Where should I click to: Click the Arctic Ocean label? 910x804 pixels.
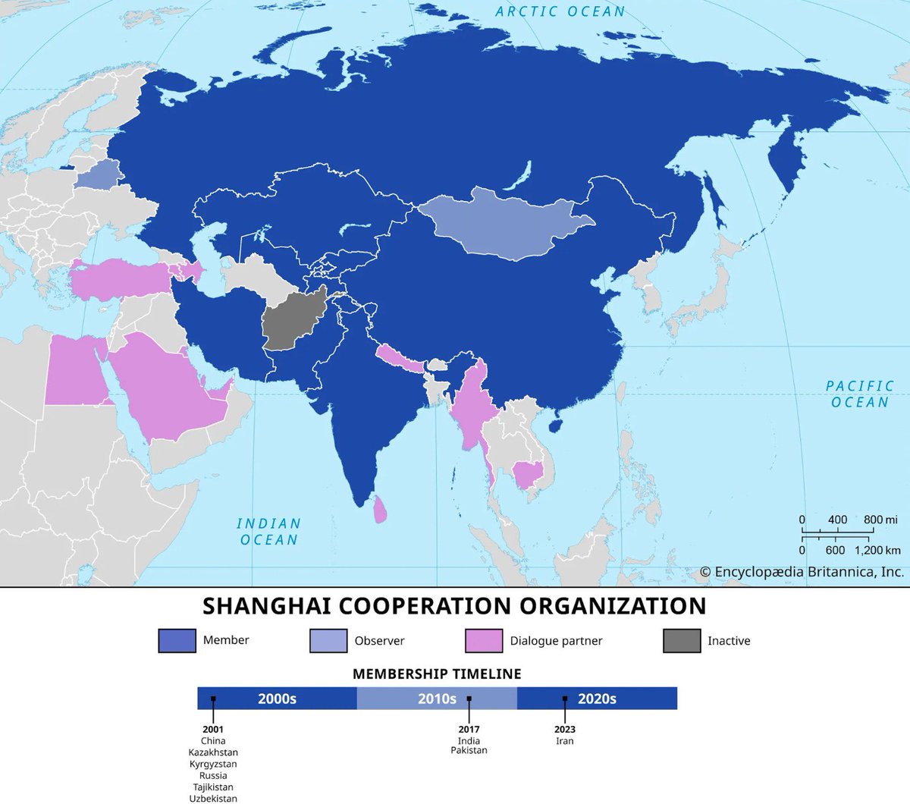pyautogui.click(x=560, y=11)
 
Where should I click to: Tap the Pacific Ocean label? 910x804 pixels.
pyautogui.click(x=859, y=394)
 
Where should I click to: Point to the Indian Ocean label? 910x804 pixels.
pyautogui.click(x=269, y=532)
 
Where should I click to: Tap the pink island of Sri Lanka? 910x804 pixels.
pyautogui.click(x=380, y=509)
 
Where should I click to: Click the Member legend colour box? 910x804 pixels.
pyautogui.click(x=177, y=640)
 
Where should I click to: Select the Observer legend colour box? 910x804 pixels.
pyautogui.click(x=328, y=640)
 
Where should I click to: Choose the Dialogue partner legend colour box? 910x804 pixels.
pyautogui.click(x=484, y=640)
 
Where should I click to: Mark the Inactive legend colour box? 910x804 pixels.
pyautogui.click(x=682, y=640)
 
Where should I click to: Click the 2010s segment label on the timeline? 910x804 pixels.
pyautogui.click(x=437, y=699)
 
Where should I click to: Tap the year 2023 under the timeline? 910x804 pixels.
pyautogui.click(x=565, y=730)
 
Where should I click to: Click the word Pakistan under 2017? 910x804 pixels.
pyautogui.click(x=469, y=750)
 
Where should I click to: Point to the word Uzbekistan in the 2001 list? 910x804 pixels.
pyautogui.click(x=213, y=798)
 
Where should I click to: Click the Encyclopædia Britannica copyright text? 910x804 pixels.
pyautogui.click(x=802, y=572)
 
